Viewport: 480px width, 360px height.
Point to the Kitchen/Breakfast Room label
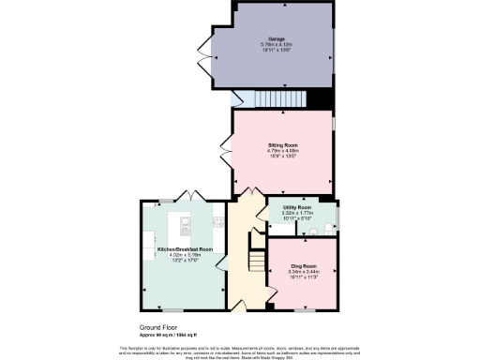coord(185,249)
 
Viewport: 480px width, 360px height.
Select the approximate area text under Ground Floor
coord(168,335)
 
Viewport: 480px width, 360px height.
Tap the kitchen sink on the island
coord(186,224)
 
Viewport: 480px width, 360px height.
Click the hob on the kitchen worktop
coord(218,222)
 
